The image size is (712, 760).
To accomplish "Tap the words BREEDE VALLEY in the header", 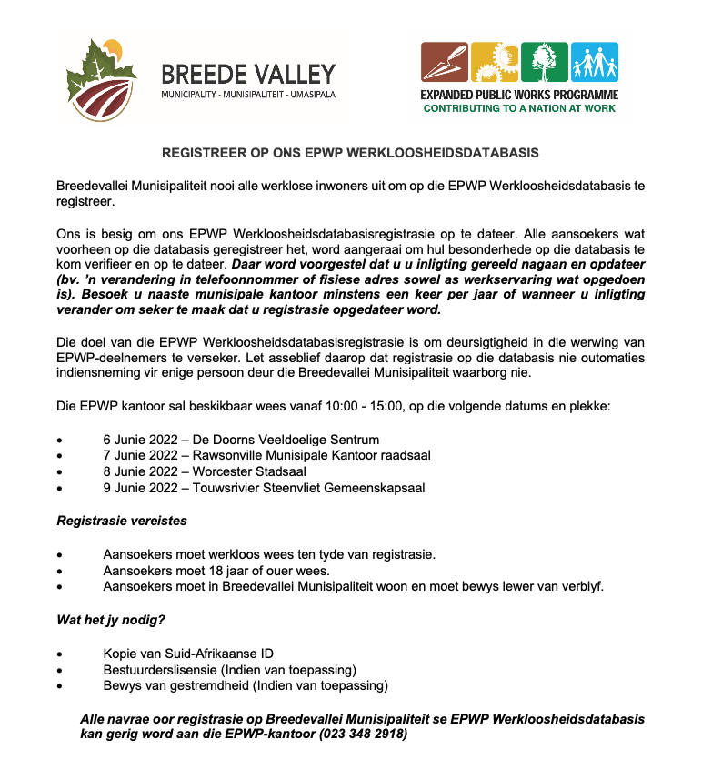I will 247,74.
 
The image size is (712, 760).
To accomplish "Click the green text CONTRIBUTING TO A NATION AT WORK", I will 519,108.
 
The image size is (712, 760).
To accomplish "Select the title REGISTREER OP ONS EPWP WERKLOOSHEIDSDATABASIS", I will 350,152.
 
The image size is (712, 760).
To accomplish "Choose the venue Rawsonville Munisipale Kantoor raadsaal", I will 312,455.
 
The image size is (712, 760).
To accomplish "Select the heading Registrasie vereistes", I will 122,522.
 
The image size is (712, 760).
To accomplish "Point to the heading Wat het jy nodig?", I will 111,621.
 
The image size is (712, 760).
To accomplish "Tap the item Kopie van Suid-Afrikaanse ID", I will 188,654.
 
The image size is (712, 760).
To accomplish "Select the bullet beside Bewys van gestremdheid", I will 60,685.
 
